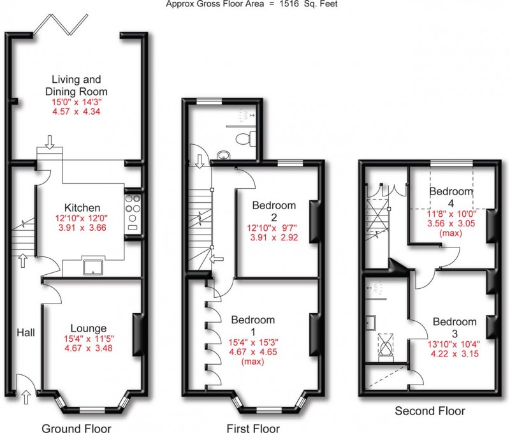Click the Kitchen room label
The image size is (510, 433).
[x=82, y=208]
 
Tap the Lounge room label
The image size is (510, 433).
[x=88, y=329]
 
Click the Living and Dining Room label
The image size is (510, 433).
[x=76, y=85]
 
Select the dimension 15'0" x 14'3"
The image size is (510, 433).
[x=76, y=101]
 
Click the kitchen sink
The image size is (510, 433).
[x=93, y=265]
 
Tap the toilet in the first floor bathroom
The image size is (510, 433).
[x=246, y=138]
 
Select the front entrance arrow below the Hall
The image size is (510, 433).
[x=25, y=399]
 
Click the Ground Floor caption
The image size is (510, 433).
[x=76, y=427]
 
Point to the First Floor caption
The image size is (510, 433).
[x=253, y=427]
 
